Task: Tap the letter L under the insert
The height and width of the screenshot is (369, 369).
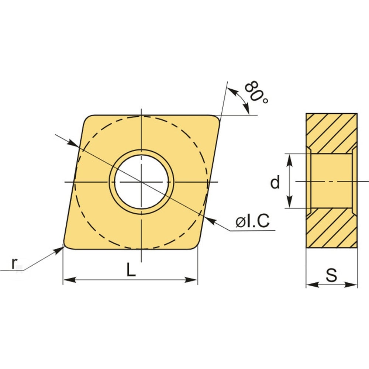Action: tap(131, 269)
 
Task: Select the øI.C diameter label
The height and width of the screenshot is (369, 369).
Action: tap(252, 221)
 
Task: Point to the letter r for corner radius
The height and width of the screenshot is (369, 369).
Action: tap(14, 263)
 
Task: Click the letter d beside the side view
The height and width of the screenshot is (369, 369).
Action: tap(275, 182)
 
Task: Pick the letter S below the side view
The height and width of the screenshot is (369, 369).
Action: tap(331, 275)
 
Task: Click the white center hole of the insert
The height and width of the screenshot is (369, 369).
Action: tap(141, 182)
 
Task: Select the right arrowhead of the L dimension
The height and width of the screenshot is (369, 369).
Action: tap(191, 280)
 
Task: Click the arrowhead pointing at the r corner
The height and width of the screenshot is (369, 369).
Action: tap(58, 251)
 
